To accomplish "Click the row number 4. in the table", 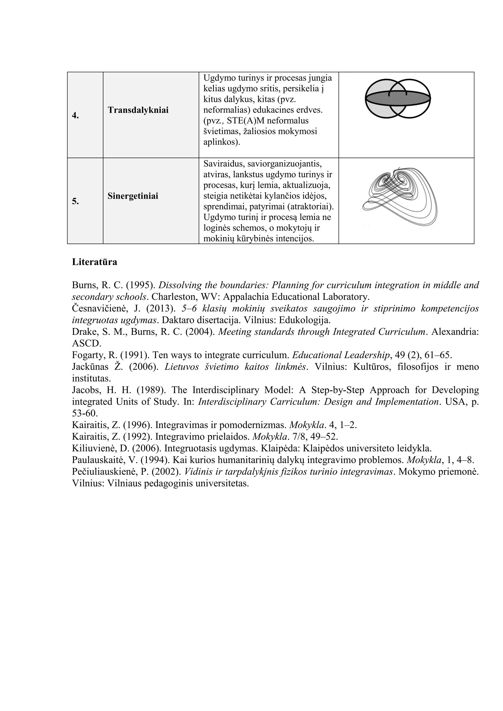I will click(x=75, y=116).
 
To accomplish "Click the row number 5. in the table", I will click(x=75, y=202).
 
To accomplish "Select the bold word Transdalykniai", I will click(x=138, y=110).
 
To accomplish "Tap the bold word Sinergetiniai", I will click(x=133, y=196).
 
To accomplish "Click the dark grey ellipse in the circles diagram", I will click(x=398, y=98).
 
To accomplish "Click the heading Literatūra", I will click(x=95, y=262).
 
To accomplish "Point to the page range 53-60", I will click(x=85, y=413).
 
